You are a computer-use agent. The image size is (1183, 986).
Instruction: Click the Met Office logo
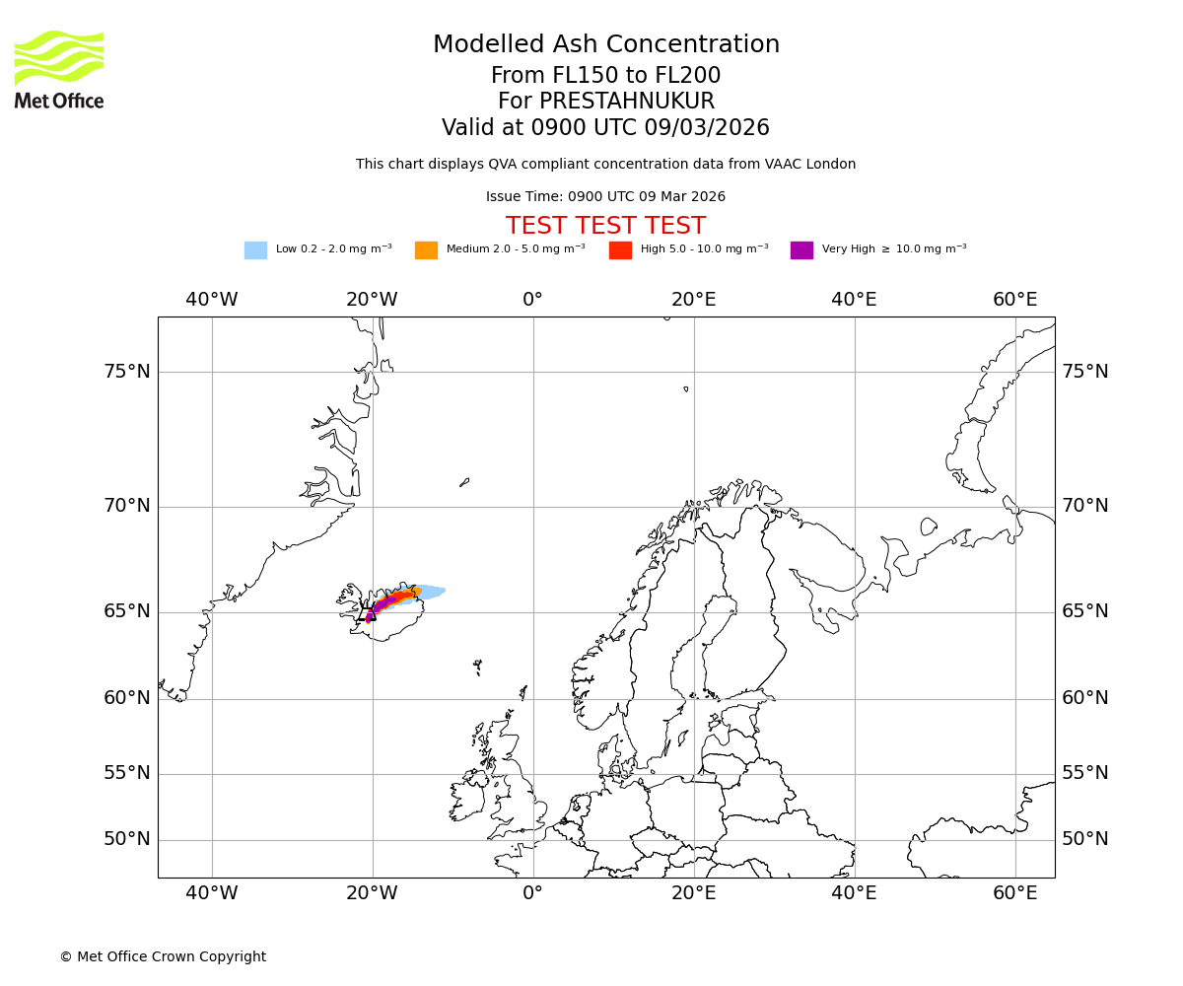pos(59,69)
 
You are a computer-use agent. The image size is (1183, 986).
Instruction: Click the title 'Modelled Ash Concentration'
pos(606,45)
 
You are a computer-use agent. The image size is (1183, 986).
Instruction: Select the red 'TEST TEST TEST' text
pos(605,226)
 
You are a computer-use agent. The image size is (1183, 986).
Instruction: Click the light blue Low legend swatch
pos(255,250)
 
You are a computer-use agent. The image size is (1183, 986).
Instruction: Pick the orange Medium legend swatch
pos(426,250)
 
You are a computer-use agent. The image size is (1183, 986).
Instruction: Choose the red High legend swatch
pos(620,250)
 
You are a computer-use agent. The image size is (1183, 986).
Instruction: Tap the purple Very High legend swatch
pos(801,250)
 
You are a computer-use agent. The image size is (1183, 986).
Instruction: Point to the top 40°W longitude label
pos(211,300)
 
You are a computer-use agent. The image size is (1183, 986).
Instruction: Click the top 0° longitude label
pos(532,300)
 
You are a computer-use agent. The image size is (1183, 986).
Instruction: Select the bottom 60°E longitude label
pos(1014,893)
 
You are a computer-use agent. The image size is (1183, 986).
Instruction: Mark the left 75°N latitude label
pos(127,372)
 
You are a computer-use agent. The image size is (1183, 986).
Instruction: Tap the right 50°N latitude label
pos(1084,839)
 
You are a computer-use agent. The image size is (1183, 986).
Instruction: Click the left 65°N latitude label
pos(127,611)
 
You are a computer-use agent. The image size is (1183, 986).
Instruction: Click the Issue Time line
pos(605,197)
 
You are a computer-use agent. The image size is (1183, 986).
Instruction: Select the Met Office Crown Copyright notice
pos(163,957)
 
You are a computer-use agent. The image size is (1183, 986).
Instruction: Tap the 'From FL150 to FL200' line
pos(605,76)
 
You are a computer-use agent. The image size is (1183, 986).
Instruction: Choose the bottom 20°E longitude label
pos(693,893)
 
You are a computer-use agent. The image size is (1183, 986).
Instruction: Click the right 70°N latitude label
pos(1084,506)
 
